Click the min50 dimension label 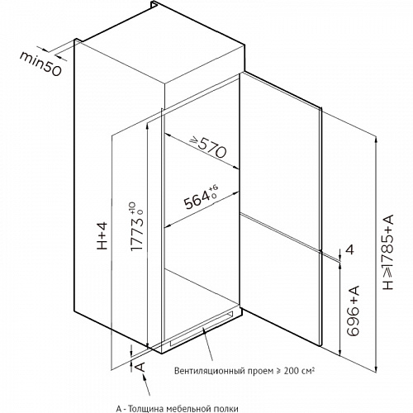point(40,64)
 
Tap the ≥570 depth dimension point(208,147)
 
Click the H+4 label point(102,236)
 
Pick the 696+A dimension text point(354,311)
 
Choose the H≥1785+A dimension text point(388,252)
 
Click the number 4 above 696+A point(349,249)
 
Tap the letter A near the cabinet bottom point(140,367)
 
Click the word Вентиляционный point(210,371)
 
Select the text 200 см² point(299,370)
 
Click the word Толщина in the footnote point(146,409)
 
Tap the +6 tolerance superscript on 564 point(213,188)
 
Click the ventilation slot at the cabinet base point(202,329)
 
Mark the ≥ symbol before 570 point(193,140)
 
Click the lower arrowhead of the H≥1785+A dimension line point(376,368)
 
